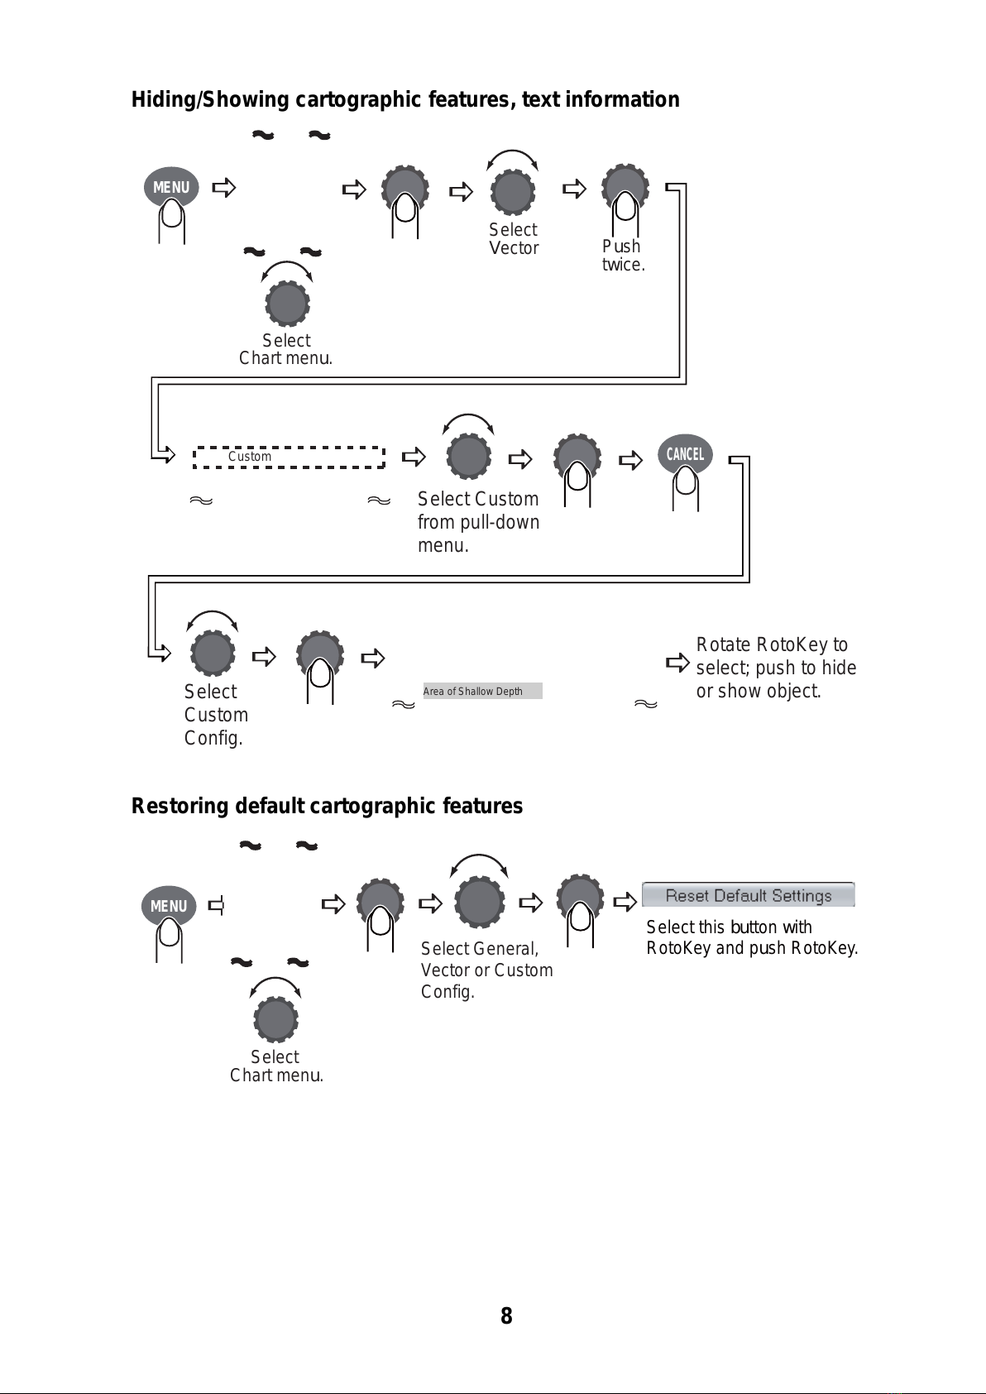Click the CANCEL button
coord(685,453)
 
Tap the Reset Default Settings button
coord(749,895)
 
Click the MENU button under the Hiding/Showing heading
coord(171,187)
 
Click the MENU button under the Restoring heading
coord(169,905)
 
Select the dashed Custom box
coord(289,457)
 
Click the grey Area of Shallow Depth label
coord(483,691)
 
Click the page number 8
coord(506,1315)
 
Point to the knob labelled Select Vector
coord(513,191)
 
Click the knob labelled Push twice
coord(625,187)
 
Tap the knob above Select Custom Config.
coord(213,653)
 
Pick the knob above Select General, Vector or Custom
coord(480,902)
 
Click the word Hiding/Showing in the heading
coord(210,99)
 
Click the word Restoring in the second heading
coord(179,806)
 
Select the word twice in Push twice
coord(624,265)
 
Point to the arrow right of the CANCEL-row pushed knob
coord(630,461)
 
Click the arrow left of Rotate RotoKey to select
coord(677,662)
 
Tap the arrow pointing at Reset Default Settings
coord(625,901)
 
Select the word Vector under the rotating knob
coord(514,248)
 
